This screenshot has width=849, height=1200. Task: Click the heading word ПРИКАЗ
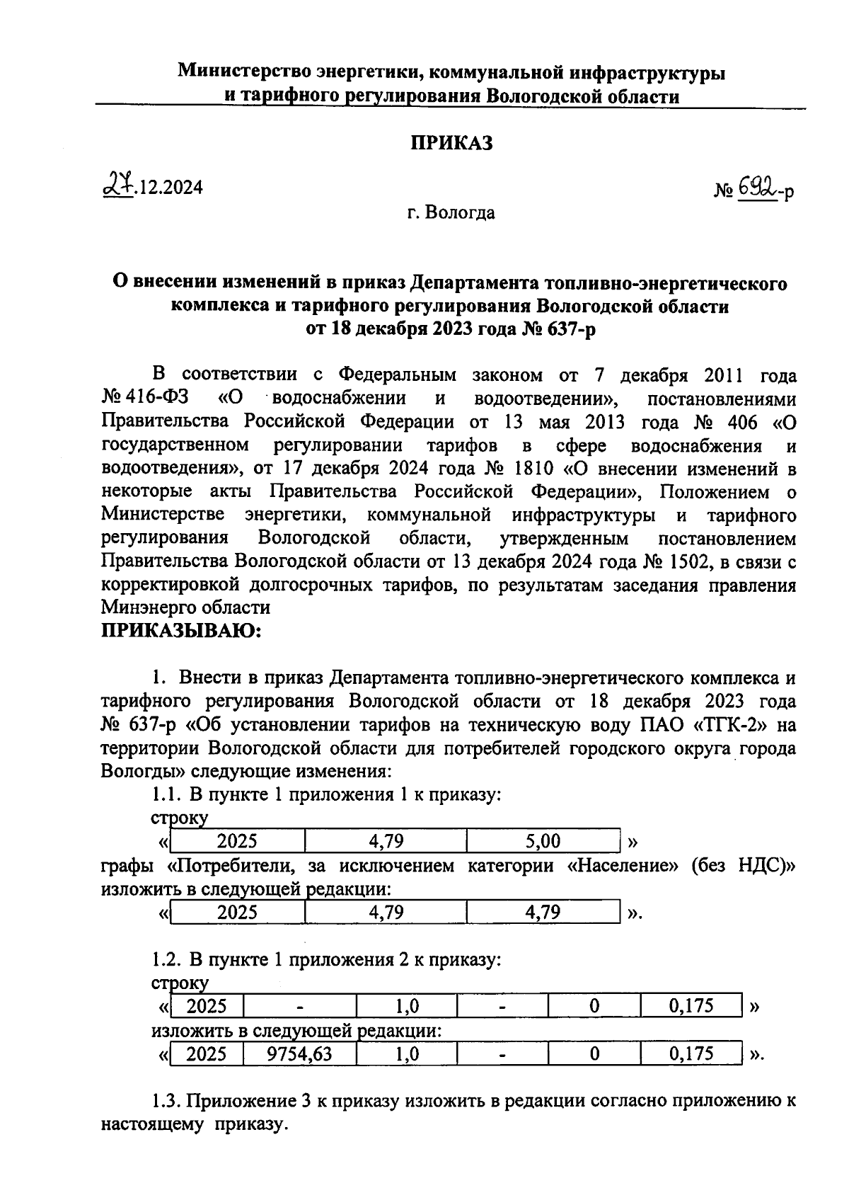click(451, 143)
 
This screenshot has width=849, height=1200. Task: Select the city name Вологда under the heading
click(461, 212)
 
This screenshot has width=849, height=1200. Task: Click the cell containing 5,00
click(543, 841)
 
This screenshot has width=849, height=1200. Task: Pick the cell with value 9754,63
click(299, 1054)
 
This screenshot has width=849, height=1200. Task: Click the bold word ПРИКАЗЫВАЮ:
click(181, 630)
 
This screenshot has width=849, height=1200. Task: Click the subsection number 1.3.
click(168, 1102)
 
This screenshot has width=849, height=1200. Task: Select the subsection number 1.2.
click(167, 960)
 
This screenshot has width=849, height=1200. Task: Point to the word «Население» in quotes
click(618, 866)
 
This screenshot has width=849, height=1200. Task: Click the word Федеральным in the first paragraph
click(398, 375)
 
